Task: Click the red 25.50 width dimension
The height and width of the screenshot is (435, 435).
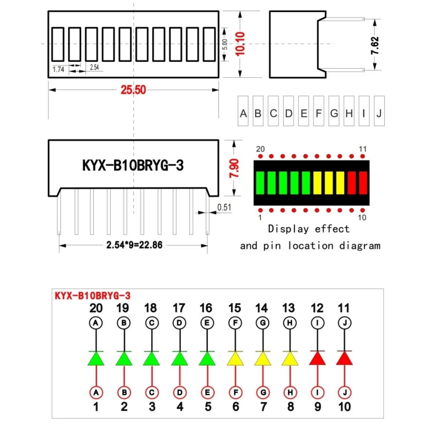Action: [133, 90]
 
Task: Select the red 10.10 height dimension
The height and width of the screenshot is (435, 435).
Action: [240, 44]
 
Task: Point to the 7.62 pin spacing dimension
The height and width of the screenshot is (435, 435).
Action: [375, 45]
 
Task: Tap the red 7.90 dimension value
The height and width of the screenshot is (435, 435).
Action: [234, 169]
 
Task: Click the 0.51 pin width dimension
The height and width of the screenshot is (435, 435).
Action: [224, 207]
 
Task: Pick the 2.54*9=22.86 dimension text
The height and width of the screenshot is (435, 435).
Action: [134, 245]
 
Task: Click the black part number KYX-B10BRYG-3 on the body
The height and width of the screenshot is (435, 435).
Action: [133, 165]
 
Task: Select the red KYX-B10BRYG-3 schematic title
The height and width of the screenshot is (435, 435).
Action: [93, 296]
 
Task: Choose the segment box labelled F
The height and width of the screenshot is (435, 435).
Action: [318, 111]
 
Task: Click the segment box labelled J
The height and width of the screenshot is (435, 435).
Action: [379, 111]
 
